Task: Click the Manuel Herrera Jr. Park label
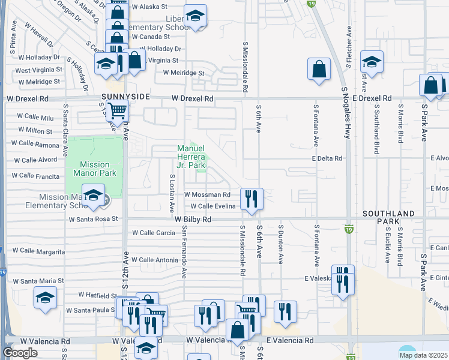191,157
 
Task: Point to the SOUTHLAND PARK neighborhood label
388,217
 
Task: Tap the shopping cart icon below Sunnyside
118,110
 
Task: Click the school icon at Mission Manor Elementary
94,196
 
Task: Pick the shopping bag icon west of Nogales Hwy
319,68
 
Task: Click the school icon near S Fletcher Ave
372,62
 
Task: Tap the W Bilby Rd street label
193,220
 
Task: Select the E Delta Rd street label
327,158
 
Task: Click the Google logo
20,353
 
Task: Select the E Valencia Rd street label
290,340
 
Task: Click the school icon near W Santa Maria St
46,298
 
